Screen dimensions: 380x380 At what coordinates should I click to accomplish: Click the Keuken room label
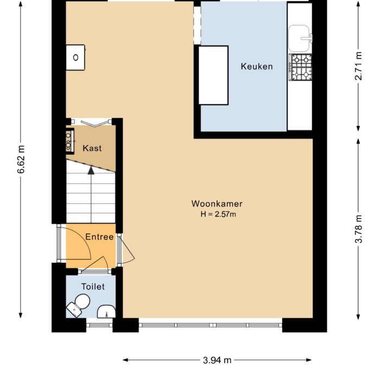256,67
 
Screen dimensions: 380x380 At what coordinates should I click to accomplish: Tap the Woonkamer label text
217,204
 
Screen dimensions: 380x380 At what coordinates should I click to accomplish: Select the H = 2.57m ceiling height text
218,214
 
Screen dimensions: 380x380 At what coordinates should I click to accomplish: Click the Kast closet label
92,148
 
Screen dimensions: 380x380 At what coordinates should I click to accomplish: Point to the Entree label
99,237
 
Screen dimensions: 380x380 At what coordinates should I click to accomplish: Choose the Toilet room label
93,286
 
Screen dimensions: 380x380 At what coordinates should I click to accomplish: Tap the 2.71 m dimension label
358,66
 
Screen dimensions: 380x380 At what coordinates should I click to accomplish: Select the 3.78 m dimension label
358,231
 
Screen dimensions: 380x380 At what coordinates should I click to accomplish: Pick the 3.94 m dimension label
217,360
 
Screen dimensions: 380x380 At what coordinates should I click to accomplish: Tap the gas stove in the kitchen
301,67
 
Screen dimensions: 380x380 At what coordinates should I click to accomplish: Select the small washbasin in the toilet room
106,312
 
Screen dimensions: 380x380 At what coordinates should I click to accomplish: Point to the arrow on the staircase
91,170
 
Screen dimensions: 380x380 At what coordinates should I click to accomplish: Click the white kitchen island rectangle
213,75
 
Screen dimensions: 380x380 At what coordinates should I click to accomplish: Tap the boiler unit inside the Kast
70,140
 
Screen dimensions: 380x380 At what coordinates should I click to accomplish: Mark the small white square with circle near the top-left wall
75,57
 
